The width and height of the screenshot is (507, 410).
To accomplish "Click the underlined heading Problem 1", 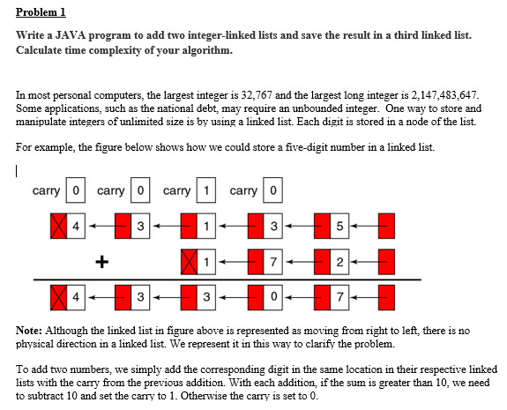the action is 41,12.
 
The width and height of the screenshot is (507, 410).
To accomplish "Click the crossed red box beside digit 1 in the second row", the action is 189,261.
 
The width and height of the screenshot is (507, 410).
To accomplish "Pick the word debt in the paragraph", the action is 234,107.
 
